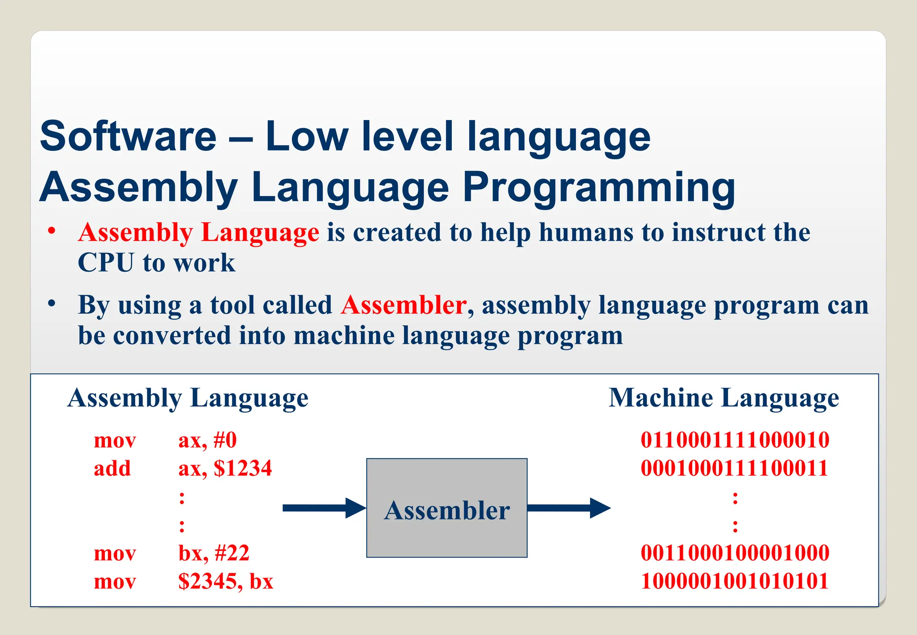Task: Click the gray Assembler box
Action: [446, 508]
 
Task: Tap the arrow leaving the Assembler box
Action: [569, 508]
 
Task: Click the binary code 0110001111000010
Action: [735, 440]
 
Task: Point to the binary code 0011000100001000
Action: [735, 553]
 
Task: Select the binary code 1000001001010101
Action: [734, 581]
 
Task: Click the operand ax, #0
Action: [207, 440]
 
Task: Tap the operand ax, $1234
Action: [225, 468]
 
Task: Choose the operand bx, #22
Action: [214, 553]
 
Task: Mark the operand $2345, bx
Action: [226, 581]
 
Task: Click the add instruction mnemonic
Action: [112, 468]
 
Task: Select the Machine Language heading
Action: [724, 398]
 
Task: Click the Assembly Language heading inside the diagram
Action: [188, 398]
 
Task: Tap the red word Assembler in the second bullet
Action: [403, 305]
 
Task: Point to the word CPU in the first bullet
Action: [106, 262]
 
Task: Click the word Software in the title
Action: [128, 136]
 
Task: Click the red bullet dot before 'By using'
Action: [52, 304]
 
